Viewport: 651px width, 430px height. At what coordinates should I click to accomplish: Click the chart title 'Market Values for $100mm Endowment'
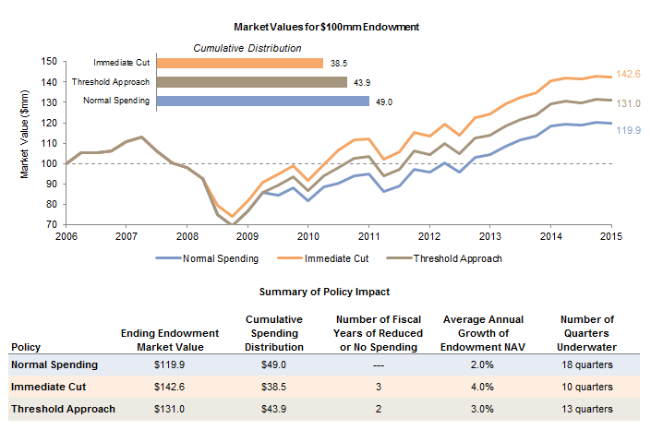pyautogui.click(x=325, y=27)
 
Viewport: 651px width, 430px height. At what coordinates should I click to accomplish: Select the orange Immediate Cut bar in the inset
pyautogui.click(x=240, y=64)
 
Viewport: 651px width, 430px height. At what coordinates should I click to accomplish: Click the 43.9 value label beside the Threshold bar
pyautogui.click(x=361, y=82)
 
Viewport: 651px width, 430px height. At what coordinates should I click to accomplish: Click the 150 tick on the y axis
pyautogui.click(x=50, y=61)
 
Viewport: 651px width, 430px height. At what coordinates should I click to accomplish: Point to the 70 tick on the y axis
pyautogui.click(x=53, y=224)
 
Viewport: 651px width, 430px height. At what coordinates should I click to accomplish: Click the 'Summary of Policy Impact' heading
pyautogui.click(x=325, y=292)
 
